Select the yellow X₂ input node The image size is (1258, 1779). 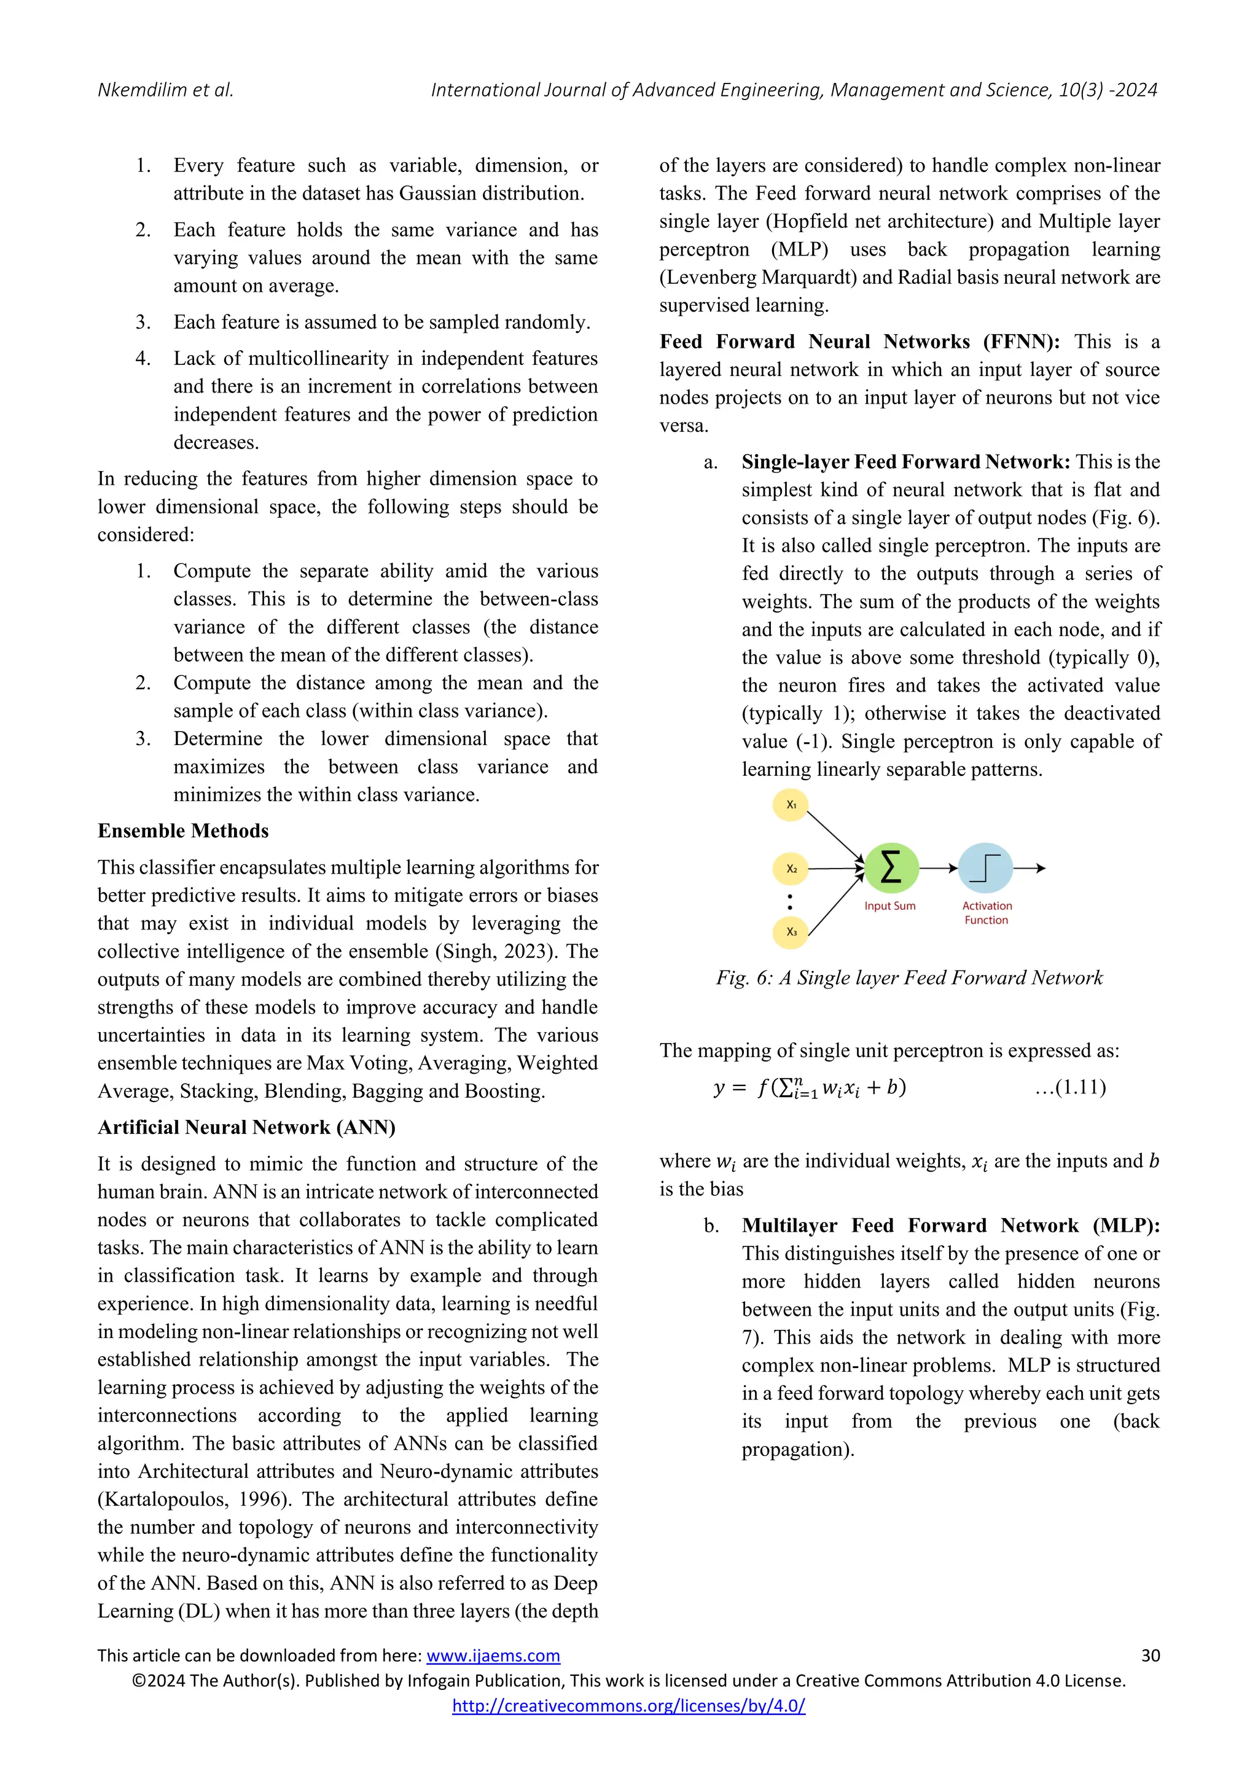coord(790,869)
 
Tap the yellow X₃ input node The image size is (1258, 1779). coord(790,931)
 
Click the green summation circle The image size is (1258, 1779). coord(891,868)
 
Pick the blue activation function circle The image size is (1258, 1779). coord(985,868)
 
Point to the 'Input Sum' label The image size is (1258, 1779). coord(889,905)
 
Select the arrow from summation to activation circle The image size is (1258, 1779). coord(938,869)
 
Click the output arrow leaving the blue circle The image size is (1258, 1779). coord(1030,869)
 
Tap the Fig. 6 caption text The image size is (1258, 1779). coord(908,978)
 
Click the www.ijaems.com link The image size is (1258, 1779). coord(493,1656)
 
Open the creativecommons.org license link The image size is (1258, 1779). coord(628,1705)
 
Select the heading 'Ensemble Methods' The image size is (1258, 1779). coord(183,831)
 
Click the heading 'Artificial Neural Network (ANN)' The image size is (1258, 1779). coord(246,1127)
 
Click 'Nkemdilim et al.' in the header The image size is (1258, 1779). coord(165,90)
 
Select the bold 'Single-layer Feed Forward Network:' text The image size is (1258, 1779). coord(905,462)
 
